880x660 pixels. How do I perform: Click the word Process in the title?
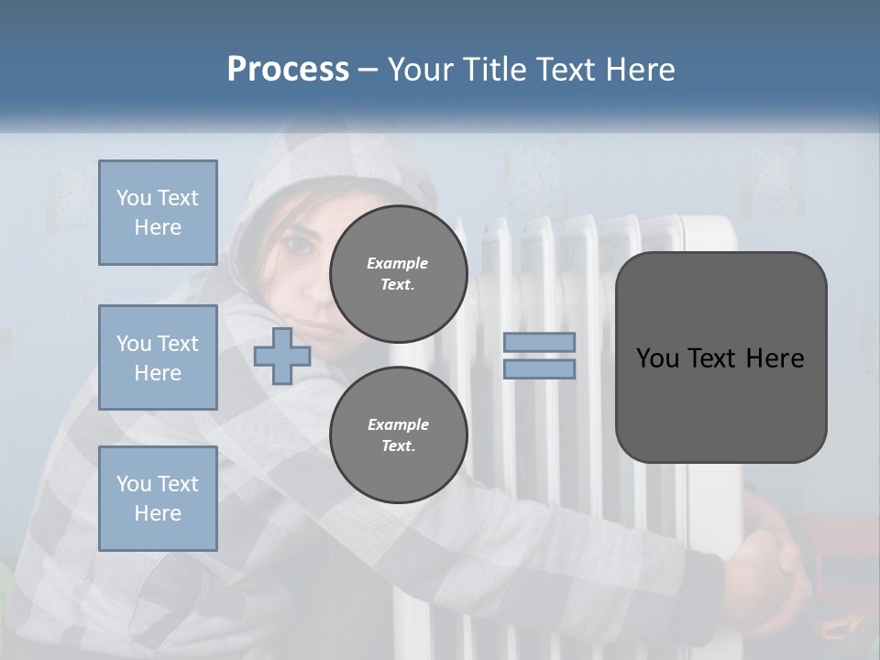click(288, 70)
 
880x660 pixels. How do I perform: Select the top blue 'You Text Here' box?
click(158, 213)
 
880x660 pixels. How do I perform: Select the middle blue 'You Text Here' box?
click(158, 357)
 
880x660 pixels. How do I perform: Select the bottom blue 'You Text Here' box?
click(158, 499)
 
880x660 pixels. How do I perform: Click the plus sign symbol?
click(282, 357)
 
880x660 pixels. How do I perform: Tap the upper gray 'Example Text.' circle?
click(398, 274)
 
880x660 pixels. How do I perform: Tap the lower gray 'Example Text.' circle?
click(398, 434)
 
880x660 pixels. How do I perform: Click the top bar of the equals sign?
click(540, 342)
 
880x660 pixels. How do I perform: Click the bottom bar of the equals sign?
click(540, 369)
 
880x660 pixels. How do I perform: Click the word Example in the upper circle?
click(398, 263)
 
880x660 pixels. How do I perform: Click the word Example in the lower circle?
click(398, 424)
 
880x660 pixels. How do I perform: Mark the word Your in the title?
click(419, 70)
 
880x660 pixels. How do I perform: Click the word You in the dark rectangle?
click(657, 358)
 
